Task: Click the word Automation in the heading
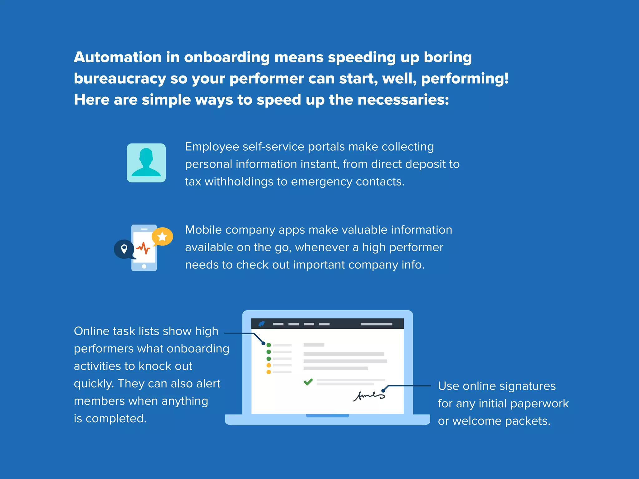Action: click(117, 57)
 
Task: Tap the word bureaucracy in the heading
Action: click(120, 79)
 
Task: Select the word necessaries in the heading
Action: click(403, 100)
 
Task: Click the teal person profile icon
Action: click(146, 163)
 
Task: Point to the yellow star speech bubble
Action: click(162, 237)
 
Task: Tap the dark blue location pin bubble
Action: click(124, 249)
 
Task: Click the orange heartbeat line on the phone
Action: click(144, 248)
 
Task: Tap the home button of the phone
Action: click(144, 266)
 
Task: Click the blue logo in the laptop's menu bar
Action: click(261, 324)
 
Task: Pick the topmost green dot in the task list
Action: click(269, 345)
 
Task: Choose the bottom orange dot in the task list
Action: click(269, 372)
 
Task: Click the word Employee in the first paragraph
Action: click(212, 147)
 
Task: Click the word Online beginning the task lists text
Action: click(91, 331)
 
